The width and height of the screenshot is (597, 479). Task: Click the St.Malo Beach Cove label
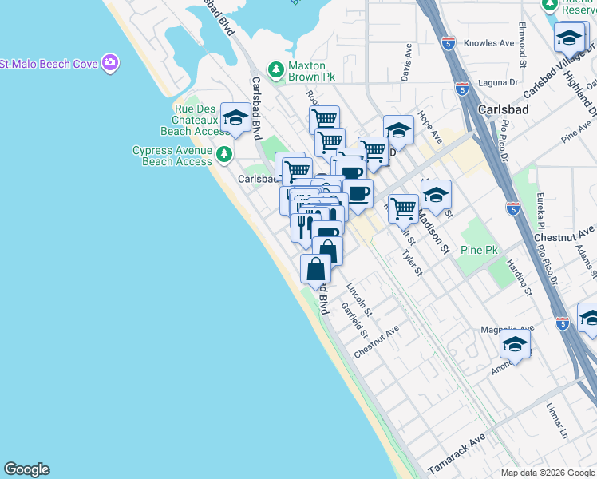coord(49,63)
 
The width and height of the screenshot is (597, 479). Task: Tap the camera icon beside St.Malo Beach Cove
coord(110,62)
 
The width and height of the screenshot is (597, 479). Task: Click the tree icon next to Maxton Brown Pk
coord(276,70)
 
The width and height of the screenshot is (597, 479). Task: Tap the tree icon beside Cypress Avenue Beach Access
coord(226,152)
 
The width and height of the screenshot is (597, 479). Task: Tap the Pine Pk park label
coord(479,250)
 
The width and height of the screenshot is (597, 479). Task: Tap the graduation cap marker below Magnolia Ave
coord(516,345)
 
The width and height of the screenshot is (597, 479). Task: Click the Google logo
coord(26,469)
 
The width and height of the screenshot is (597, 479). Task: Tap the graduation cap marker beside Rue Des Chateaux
coord(235,118)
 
